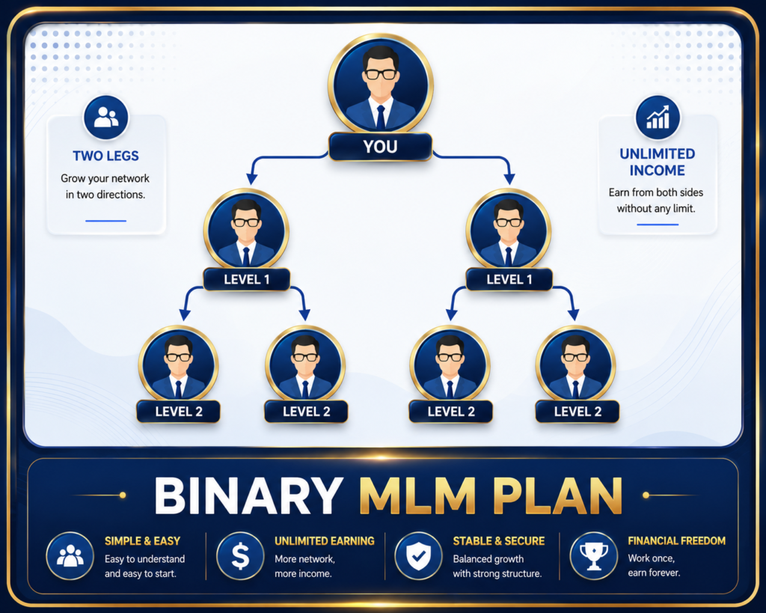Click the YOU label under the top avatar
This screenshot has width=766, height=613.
point(381,147)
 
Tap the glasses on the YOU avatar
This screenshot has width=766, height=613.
point(381,74)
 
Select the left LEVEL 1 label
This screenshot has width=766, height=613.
point(247,280)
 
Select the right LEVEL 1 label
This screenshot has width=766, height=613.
point(509,280)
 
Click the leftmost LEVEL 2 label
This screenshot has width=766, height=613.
point(178,412)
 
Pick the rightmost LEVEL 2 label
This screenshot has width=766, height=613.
point(577,412)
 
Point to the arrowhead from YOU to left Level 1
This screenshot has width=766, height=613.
point(252,178)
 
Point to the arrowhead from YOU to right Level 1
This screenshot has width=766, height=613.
point(509,178)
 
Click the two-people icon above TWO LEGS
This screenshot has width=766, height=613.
point(106,118)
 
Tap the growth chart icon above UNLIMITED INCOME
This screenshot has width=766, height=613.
point(658,118)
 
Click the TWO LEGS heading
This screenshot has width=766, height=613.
point(105,156)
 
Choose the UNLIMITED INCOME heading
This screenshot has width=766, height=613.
point(657,162)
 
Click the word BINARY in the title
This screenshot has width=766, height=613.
point(248,495)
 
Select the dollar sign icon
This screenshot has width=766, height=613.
point(240,556)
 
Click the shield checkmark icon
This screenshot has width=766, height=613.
point(419,556)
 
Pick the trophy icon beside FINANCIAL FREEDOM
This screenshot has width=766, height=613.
point(593,556)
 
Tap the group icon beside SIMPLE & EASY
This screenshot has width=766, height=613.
point(70,556)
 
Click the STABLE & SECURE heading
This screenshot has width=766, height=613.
point(499,541)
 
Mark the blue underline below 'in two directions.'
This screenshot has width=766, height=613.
point(105,221)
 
